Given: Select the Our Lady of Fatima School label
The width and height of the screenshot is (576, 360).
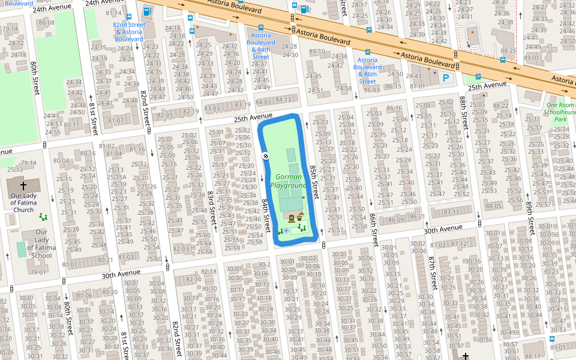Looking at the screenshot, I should click(41, 244).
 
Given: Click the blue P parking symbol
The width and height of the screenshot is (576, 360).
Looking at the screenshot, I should click(446, 77).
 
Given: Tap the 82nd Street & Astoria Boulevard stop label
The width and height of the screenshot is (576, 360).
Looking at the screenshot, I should click(129, 32).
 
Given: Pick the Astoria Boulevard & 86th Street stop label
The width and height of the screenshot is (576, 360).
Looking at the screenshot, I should click(368, 70).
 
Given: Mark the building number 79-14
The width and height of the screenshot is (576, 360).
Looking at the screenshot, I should click(29, 163).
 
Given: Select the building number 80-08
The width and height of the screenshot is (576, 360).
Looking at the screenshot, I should click(46, 23).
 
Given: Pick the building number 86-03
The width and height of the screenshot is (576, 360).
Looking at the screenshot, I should click(371, 90).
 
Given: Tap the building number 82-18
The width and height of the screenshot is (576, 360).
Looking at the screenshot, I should click(209, 272).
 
